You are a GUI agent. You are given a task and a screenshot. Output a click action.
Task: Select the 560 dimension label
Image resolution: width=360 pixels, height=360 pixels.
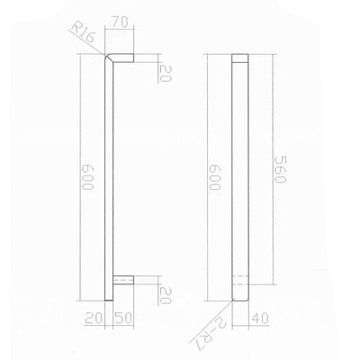point(277,166)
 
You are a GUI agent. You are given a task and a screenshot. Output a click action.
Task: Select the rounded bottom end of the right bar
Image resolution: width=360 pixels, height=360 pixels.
point(239,300)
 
